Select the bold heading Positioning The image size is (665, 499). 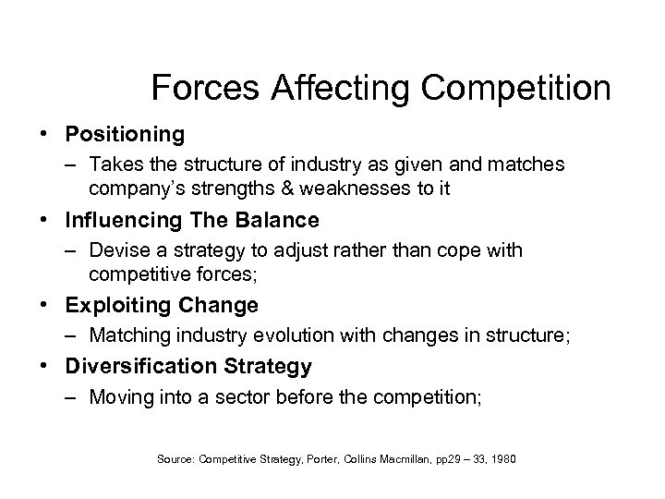coord(125,134)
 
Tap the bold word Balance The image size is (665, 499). coord(276,220)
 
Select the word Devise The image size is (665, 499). coord(118,250)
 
